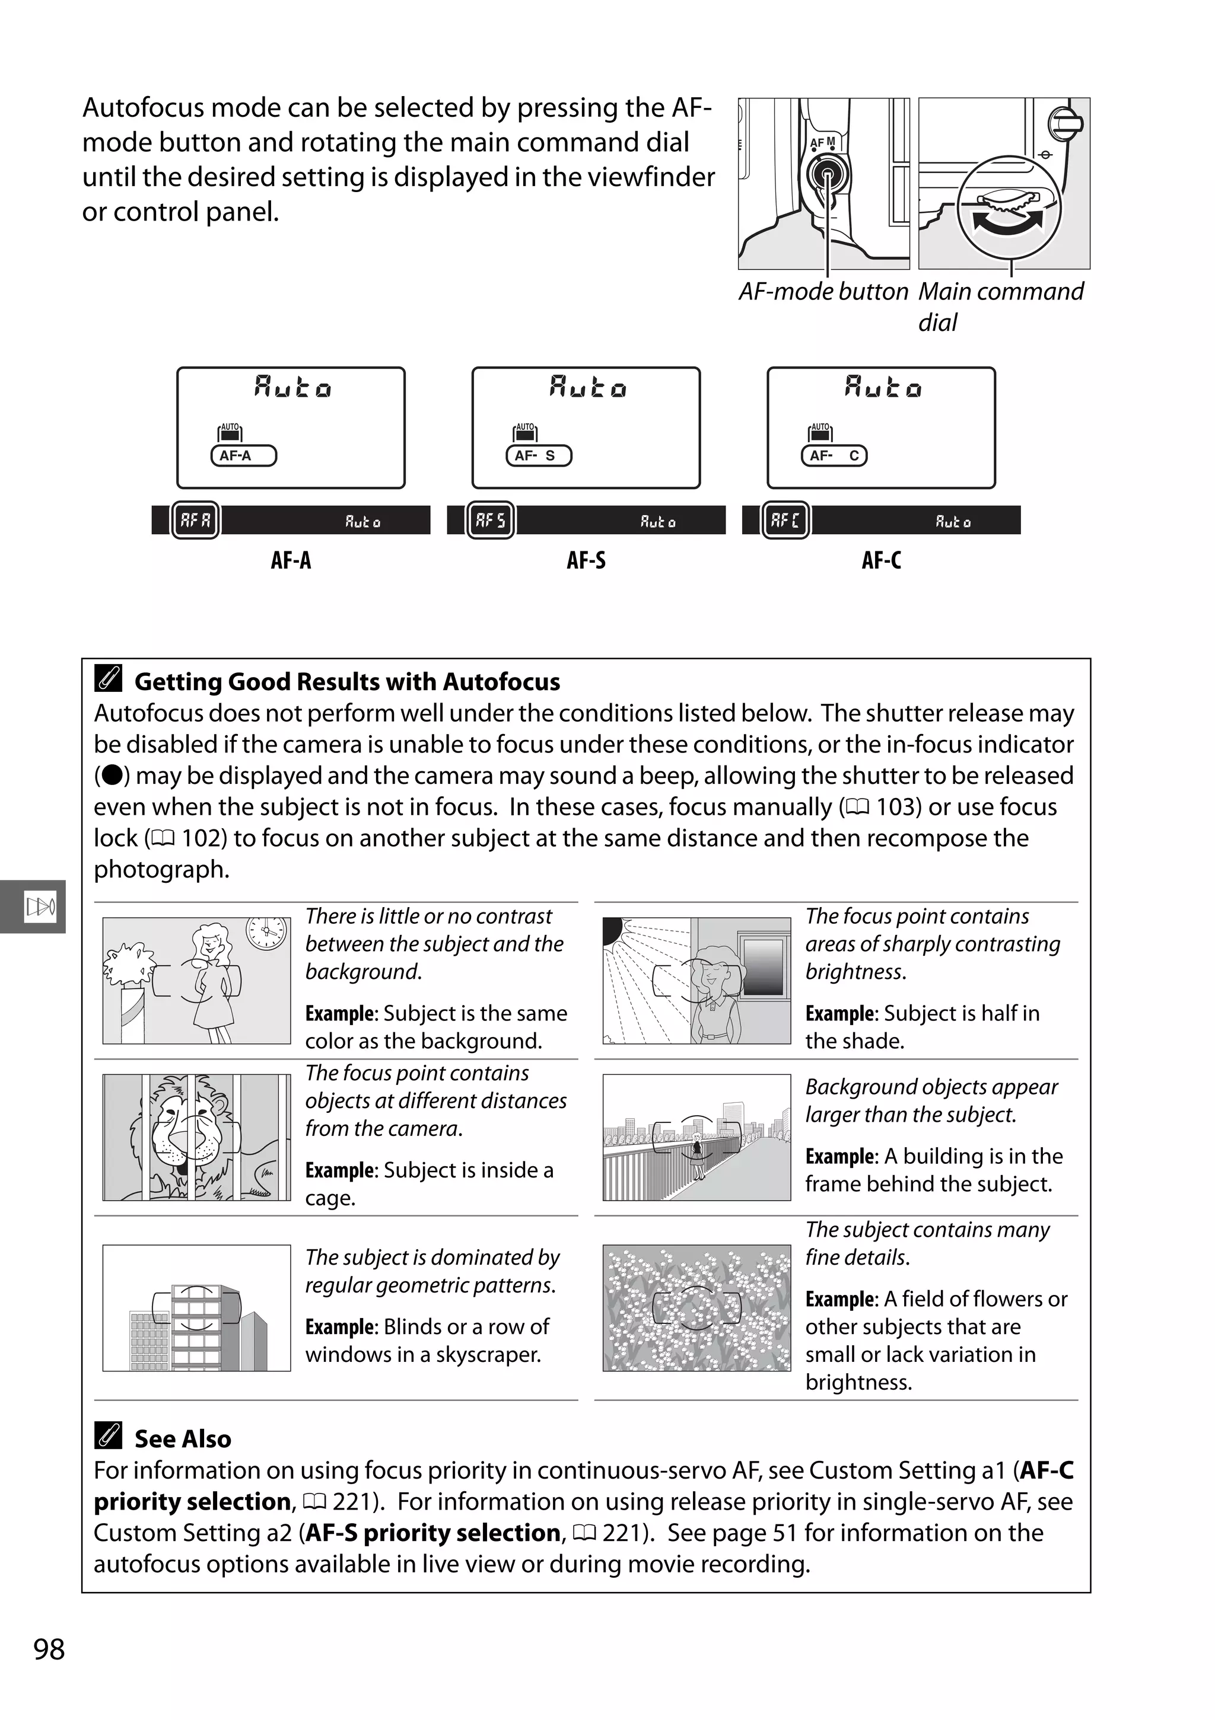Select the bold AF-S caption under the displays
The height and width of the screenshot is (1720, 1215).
(x=586, y=560)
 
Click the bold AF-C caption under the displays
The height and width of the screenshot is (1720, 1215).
(x=882, y=560)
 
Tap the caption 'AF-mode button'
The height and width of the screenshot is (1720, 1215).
(x=823, y=292)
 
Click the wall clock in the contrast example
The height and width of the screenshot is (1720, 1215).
(x=267, y=933)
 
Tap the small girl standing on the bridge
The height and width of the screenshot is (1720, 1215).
(x=697, y=1154)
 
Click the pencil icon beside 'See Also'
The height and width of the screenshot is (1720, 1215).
(x=109, y=1435)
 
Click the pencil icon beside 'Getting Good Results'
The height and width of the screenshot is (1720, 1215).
(x=109, y=679)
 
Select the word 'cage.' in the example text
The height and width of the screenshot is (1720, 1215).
(x=330, y=1198)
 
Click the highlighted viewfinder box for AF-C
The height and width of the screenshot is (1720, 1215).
(x=785, y=520)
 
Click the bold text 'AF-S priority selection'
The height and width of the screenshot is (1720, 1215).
(x=433, y=1533)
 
